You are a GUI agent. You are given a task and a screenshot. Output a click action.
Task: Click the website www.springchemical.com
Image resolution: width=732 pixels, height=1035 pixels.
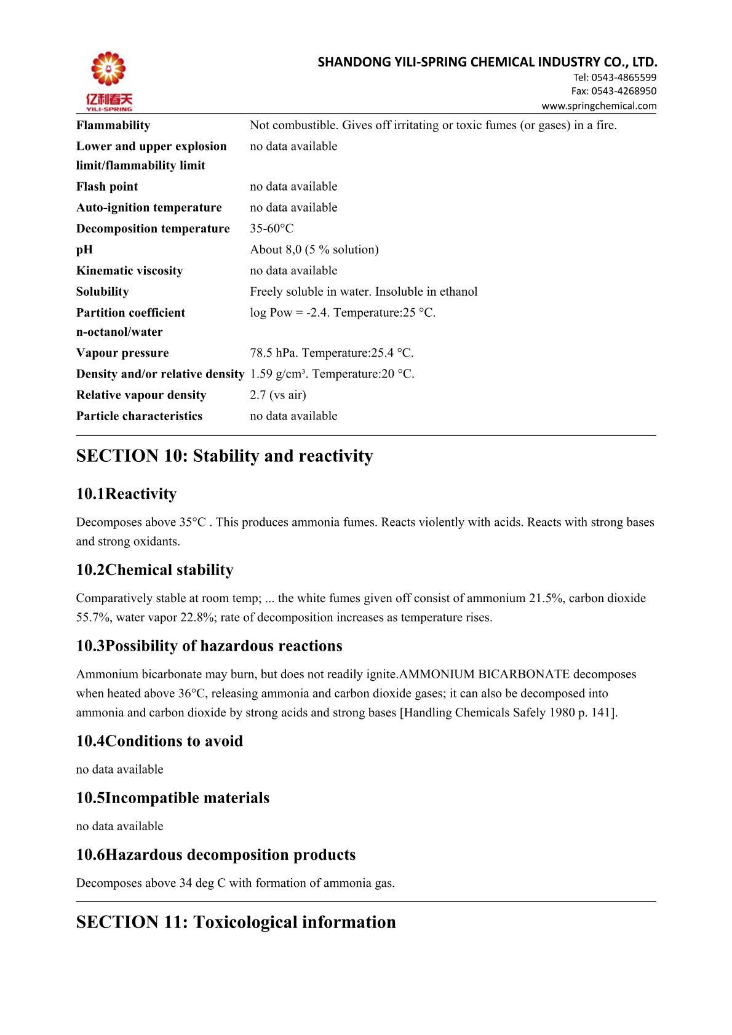(599, 106)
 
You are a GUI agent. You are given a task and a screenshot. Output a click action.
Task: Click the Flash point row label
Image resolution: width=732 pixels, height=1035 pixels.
(107, 186)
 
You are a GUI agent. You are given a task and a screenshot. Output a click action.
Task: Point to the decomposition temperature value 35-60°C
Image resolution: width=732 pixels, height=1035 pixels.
(272, 229)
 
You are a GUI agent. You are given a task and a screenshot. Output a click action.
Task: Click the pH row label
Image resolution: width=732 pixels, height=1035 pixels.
(85, 250)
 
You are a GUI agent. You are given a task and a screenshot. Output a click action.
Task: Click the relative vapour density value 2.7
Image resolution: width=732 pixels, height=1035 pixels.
(257, 395)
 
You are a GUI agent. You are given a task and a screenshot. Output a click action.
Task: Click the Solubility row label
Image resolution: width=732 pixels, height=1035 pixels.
(103, 291)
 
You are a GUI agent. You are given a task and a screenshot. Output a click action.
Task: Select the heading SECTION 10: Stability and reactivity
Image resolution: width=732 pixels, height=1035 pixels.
(225, 456)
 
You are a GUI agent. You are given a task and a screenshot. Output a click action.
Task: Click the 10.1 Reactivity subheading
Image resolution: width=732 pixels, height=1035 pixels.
(126, 494)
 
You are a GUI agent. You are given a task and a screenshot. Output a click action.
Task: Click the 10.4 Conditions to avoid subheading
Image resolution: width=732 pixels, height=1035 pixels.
(159, 741)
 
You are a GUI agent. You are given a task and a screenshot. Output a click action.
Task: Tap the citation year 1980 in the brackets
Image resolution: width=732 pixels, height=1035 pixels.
(560, 713)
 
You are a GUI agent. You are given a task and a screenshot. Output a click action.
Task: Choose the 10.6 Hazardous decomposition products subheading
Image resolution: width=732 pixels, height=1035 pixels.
(216, 855)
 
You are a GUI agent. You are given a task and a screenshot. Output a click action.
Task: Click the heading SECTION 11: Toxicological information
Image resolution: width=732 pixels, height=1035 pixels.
(236, 922)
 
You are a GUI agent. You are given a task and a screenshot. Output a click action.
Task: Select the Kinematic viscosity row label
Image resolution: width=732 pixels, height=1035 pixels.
(130, 271)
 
